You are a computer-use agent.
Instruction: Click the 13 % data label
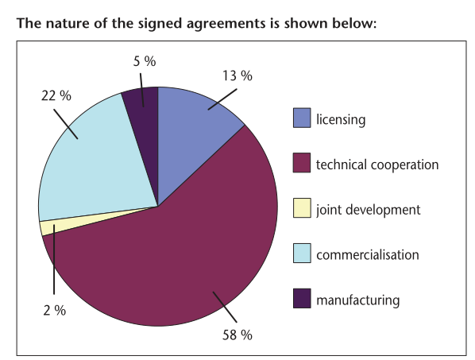click(237, 75)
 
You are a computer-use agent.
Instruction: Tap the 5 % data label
click(145, 61)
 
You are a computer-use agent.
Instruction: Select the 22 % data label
click(56, 95)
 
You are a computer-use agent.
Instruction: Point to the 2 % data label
click(55, 310)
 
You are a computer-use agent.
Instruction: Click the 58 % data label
click(237, 335)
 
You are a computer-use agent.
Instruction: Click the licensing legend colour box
click(302, 118)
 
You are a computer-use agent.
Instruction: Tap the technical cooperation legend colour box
click(302, 163)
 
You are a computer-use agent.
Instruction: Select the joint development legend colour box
click(302, 208)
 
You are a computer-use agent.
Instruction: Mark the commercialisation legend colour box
click(302, 253)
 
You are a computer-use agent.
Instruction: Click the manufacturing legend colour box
click(302, 298)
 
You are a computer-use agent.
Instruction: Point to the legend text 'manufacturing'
click(358, 300)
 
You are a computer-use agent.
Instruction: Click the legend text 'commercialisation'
click(368, 255)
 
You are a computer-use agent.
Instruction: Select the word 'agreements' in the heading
click(226, 25)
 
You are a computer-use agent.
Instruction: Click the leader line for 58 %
click(225, 307)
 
